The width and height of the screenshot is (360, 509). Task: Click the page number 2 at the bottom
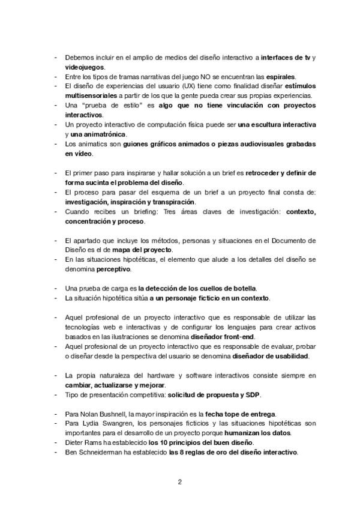pos(180,481)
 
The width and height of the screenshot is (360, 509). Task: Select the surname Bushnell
pos(116,414)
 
